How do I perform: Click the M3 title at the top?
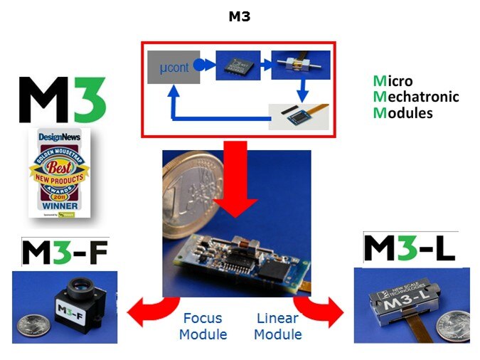pyautogui.click(x=239, y=16)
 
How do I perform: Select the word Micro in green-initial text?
pyautogui.click(x=393, y=81)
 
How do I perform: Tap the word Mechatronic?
pyautogui.click(x=416, y=97)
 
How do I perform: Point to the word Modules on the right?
pyautogui.click(x=403, y=112)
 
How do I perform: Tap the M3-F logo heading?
pyautogui.click(x=64, y=253)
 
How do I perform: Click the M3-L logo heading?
pyautogui.click(x=409, y=248)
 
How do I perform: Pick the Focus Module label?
pyautogui.click(x=203, y=326)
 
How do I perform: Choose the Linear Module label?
pyautogui.click(x=277, y=326)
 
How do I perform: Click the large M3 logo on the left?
pyautogui.click(x=62, y=100)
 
